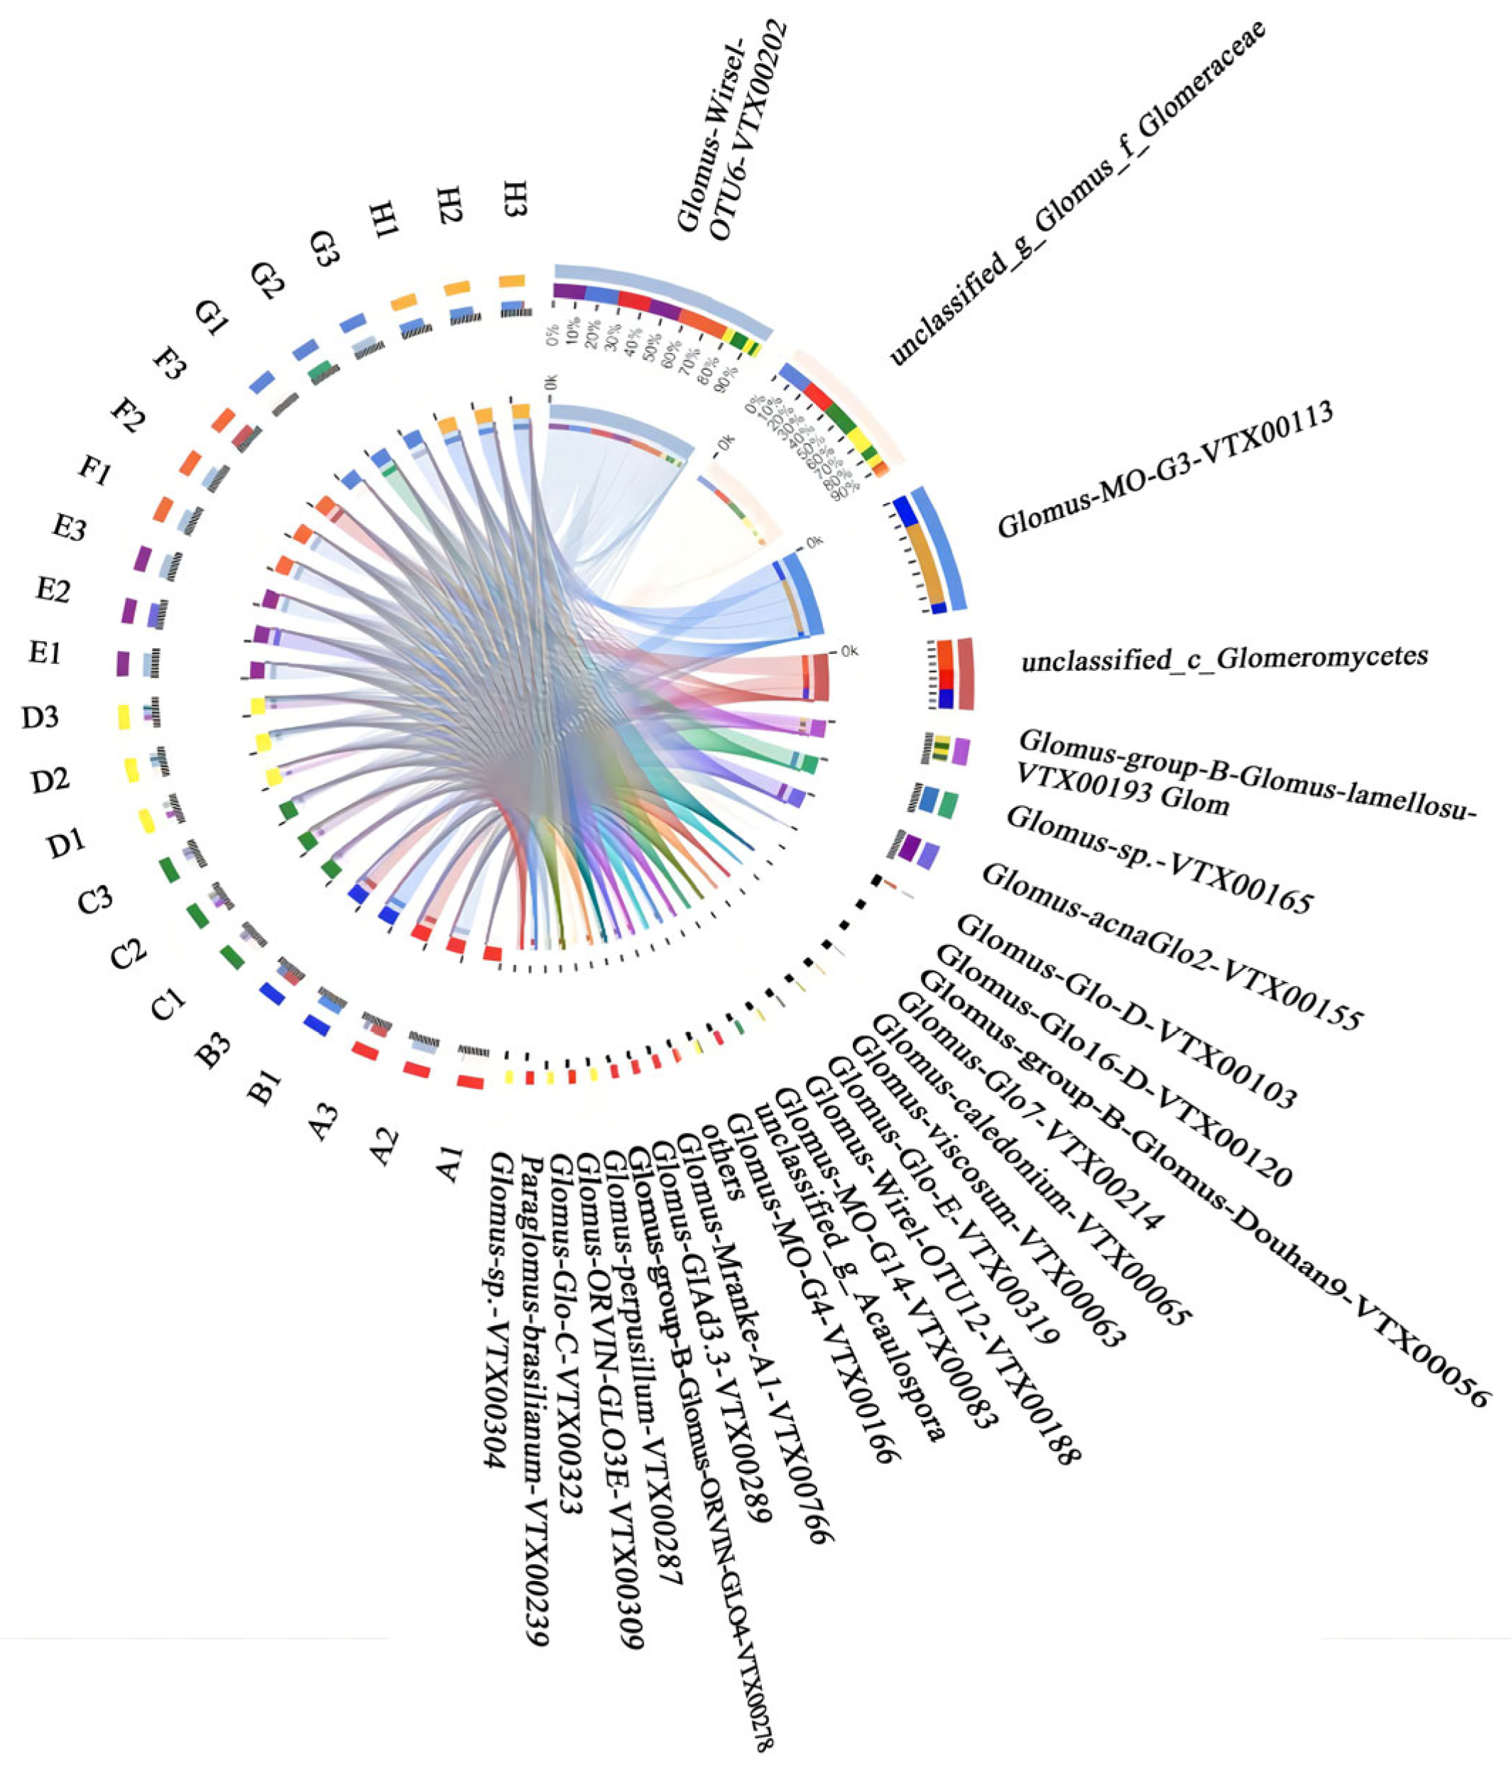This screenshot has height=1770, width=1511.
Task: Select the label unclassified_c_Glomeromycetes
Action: pos(1224,657)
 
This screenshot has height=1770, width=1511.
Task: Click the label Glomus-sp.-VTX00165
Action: pos(1158,858)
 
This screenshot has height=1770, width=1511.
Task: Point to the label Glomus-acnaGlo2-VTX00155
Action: pos(1171,946)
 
